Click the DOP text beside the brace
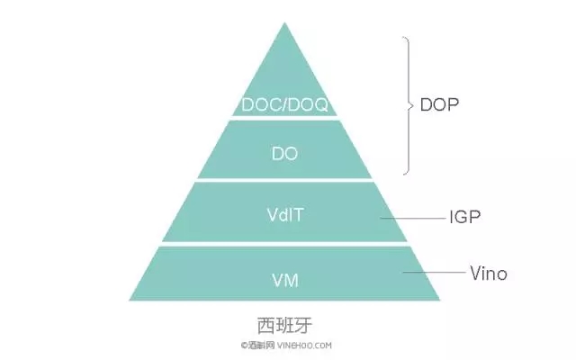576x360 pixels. [439, 105]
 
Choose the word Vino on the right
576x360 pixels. [489, 273]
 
